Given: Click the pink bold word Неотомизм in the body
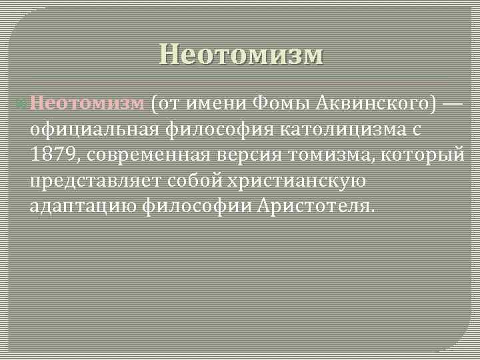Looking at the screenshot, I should (x=87, y=103).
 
